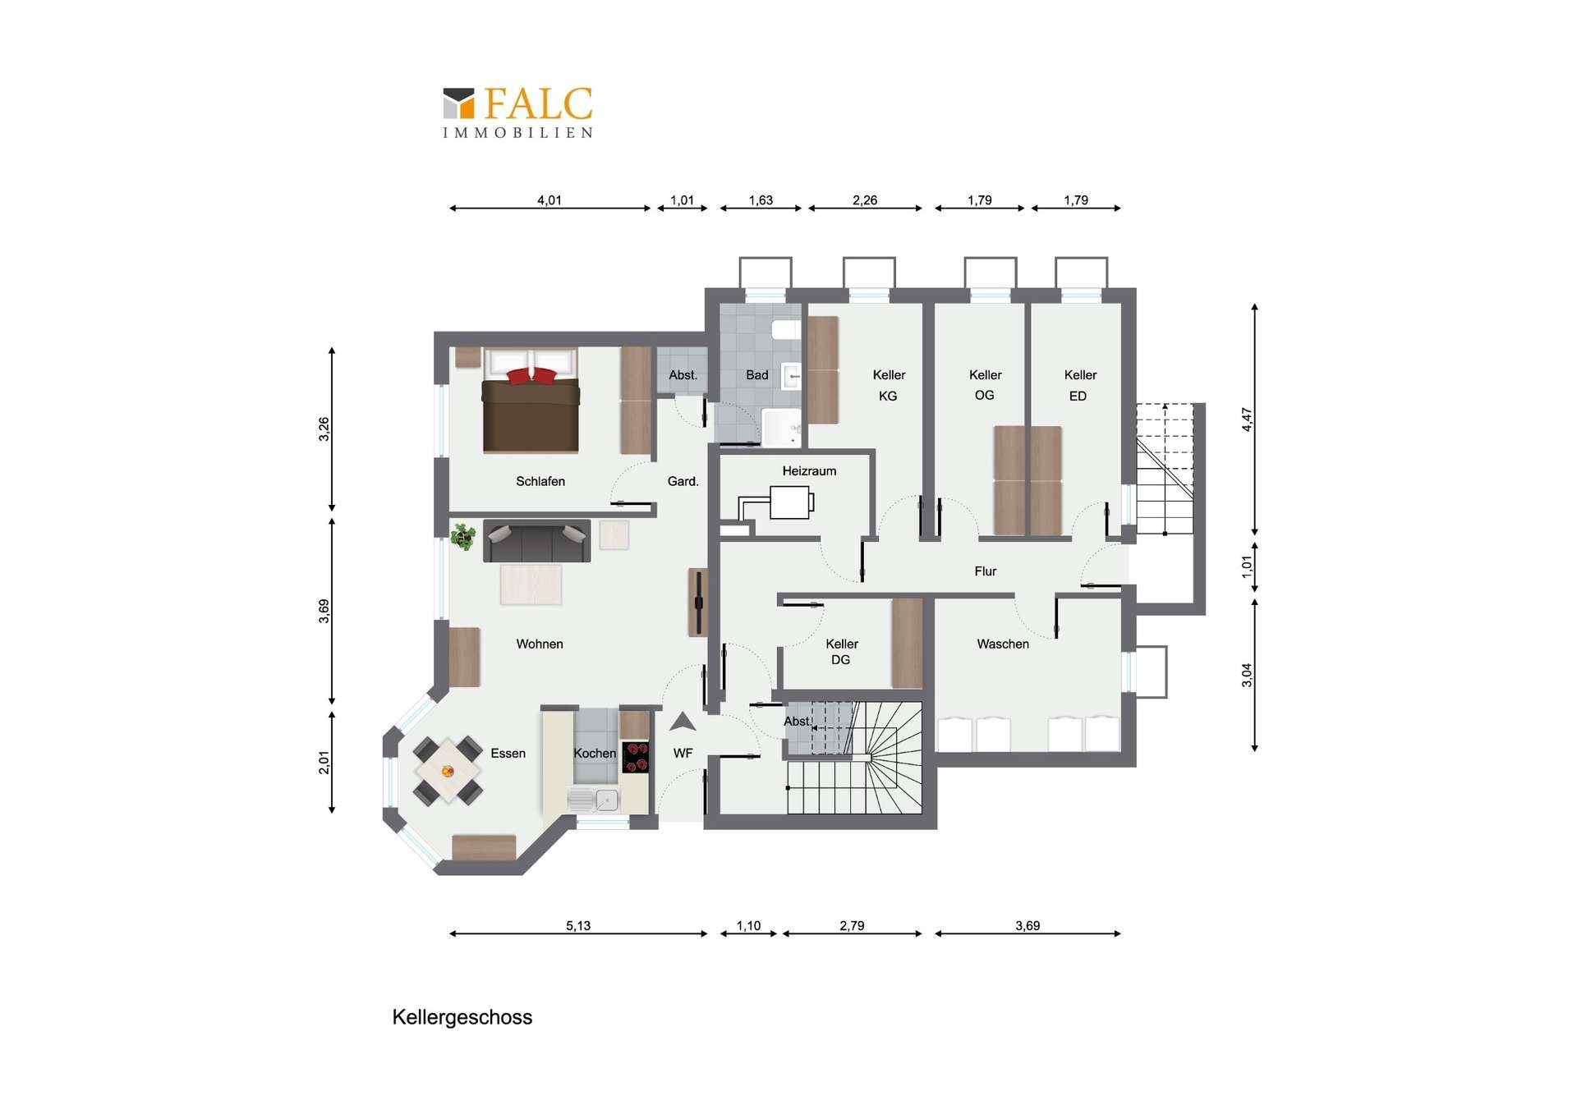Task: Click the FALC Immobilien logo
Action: (x=517, y=112)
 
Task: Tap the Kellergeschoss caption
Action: (x=462, y=1017)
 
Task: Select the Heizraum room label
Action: (x=809, y=471)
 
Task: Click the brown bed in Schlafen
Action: (x=531, y=401)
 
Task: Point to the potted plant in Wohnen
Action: (x=463, y=536)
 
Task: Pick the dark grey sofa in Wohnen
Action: (x=536, y=541)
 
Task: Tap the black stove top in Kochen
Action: (x=636, y=757)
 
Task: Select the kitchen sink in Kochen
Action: (x=593, y=800)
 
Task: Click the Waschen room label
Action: (x=1003, y=644)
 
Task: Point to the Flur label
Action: (x=985, y=571)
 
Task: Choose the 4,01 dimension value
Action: (x=549, y=200)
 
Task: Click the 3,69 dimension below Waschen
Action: (x=1028, y=926)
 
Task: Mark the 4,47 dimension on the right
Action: (x=1247, y=419)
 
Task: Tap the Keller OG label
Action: (x=985, y=385)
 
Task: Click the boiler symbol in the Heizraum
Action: (x=790, y=502)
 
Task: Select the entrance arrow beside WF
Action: (x=683, y=722)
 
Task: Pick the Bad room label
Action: (x=757, y=375)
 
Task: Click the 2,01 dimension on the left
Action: (x=324, y=763)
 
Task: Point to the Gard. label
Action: (x=683, y=482)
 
